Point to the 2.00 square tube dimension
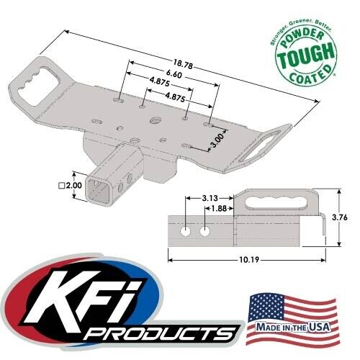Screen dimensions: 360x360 click(x=73, y=185)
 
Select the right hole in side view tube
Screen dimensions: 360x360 click(x=206, y=233)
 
